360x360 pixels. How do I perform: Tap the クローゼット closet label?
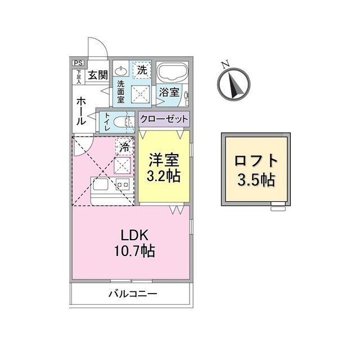(x=164, y=119)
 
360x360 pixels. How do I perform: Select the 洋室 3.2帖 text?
(x=164, y=167)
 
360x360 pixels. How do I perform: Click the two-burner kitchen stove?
(x=123, y=184)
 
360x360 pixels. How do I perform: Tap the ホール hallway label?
(x=81, y=111)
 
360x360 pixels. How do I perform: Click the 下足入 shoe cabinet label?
(x=79, y=77)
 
